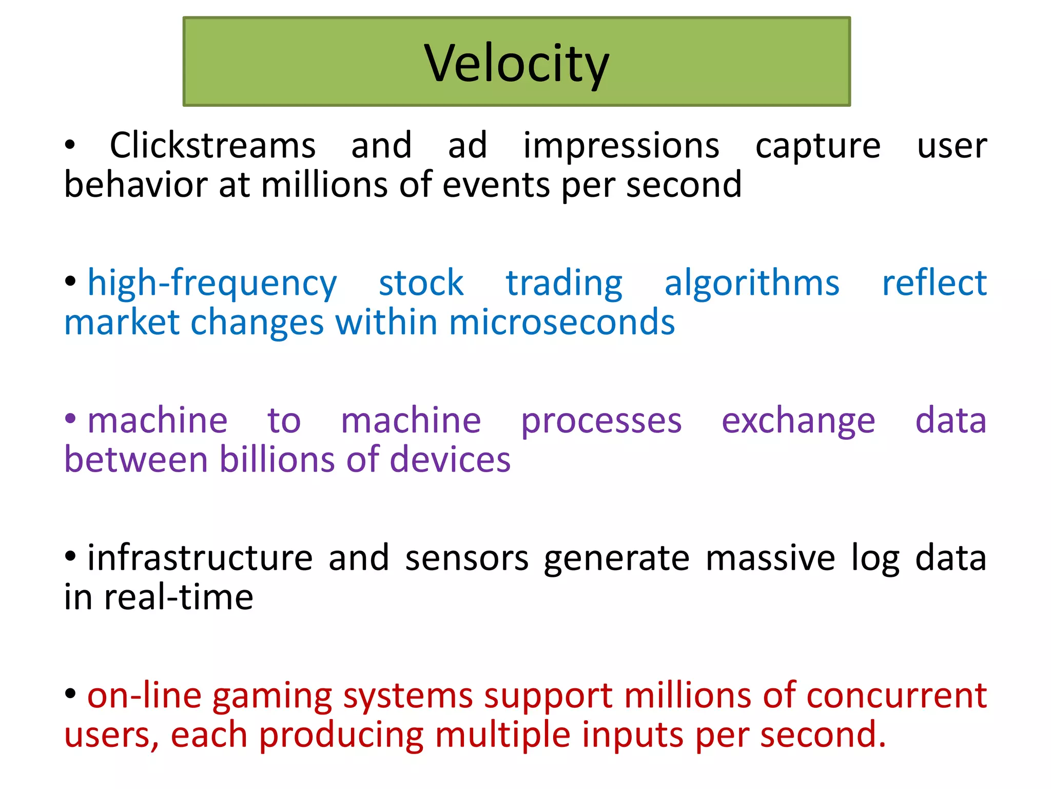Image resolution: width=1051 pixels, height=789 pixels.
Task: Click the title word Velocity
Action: click(516, 64)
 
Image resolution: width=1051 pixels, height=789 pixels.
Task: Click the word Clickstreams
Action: click(212, 145)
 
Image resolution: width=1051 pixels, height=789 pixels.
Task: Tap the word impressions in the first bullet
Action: click(621, 145)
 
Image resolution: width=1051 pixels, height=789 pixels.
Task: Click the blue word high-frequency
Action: click(212, 284)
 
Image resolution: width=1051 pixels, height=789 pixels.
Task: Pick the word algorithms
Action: click(751, 284)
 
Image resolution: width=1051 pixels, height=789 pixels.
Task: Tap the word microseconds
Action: click(561, 323)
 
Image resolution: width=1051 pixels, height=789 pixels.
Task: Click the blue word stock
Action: click(421, 284)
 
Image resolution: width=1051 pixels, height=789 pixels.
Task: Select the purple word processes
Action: click(601, 421)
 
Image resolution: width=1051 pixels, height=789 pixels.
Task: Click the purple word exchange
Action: click(798, 421)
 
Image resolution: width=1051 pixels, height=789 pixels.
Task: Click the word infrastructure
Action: click(200, 558)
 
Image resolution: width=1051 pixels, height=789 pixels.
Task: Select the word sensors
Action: click(466, 558)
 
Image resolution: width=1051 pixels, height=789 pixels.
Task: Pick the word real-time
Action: click(179, 598)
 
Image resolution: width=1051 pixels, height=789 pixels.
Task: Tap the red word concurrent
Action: click(896, 697)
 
